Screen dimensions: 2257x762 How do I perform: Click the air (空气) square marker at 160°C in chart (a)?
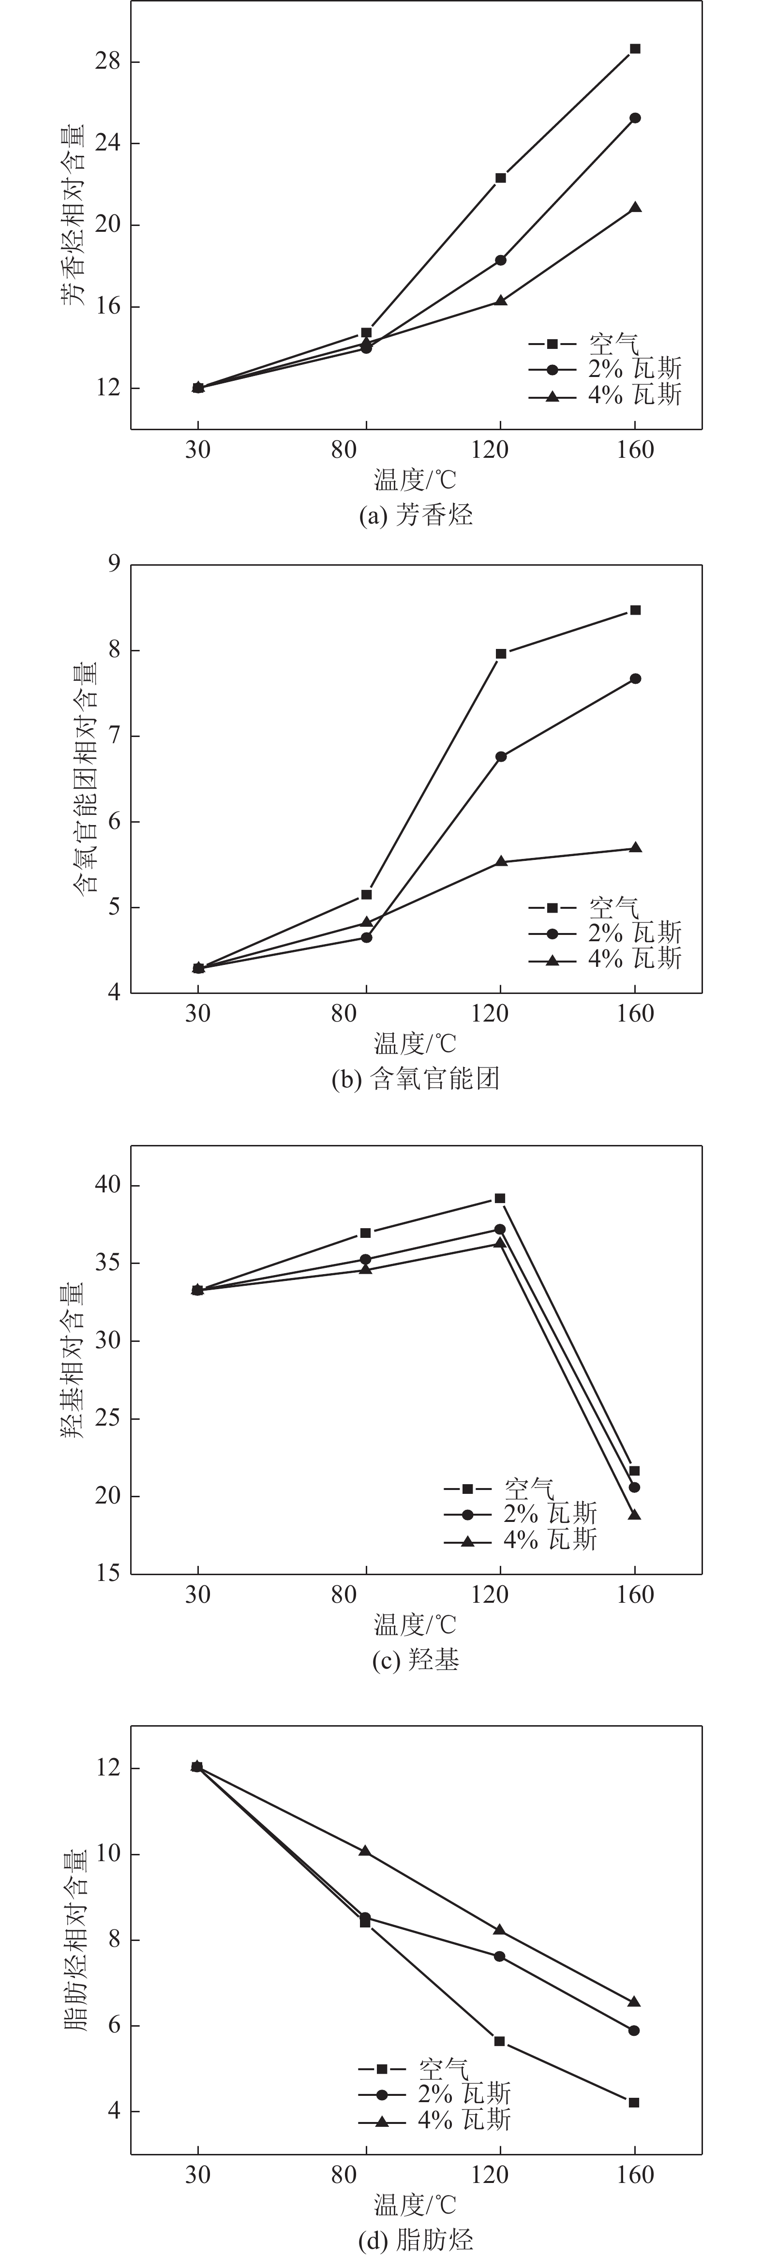tap(635, 49)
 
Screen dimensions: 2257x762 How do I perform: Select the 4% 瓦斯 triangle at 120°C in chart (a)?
tap(500, 301)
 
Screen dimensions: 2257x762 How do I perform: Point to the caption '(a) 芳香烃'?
tap(416, 515)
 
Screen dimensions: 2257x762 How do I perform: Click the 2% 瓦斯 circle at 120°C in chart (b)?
tap(500, 756)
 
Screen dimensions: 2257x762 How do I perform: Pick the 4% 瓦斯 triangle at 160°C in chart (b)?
tap(635, 848)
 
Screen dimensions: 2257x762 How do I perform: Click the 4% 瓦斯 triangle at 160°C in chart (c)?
tap(635, 1515)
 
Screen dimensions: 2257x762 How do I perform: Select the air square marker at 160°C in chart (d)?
tap(634, 2102)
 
